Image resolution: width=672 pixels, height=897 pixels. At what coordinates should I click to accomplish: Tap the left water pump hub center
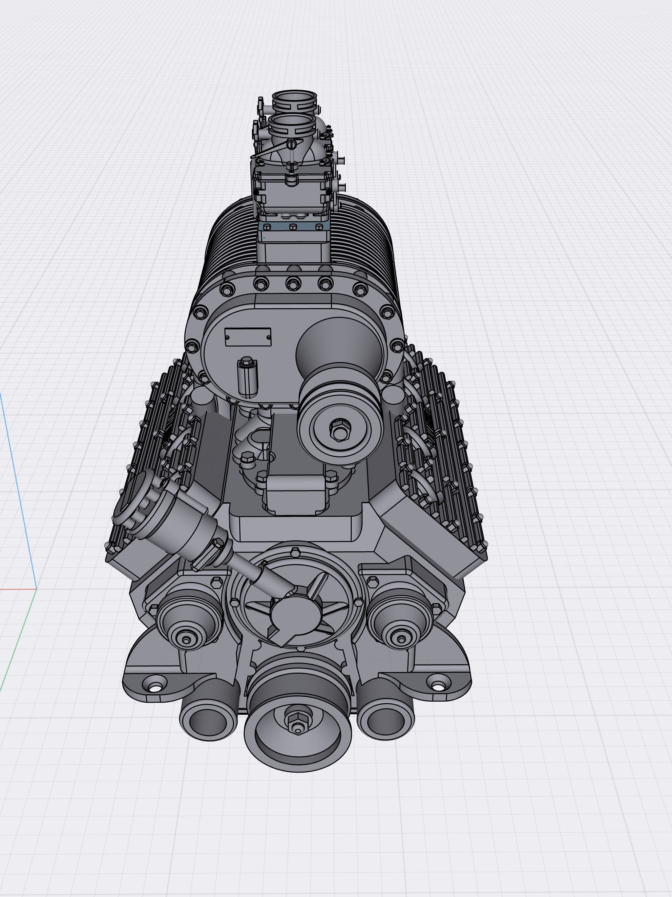coord(186,640)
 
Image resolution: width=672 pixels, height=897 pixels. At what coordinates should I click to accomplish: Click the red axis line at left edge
coord(16,589)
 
